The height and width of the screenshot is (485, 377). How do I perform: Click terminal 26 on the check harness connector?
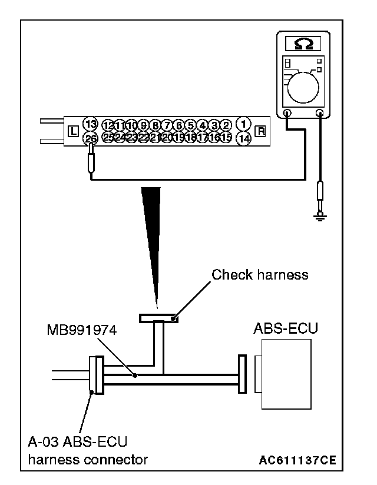click(x=90, y=138)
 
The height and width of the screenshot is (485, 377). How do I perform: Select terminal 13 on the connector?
click(x=90, y=124)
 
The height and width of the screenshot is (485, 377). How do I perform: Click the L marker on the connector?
click(x=73, y=131)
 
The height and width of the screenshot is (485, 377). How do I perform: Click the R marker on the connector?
click(x=260, y=131)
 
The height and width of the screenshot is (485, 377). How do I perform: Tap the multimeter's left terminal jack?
click(x=286, y=114)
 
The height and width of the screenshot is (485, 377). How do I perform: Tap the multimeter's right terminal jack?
click(x=320, y=114)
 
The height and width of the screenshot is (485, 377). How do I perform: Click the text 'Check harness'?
click(x=260, y=274)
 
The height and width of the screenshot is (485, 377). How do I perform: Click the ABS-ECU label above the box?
click(x=286, y=328)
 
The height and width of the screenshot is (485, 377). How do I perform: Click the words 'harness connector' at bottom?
click(x=88, y=459)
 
